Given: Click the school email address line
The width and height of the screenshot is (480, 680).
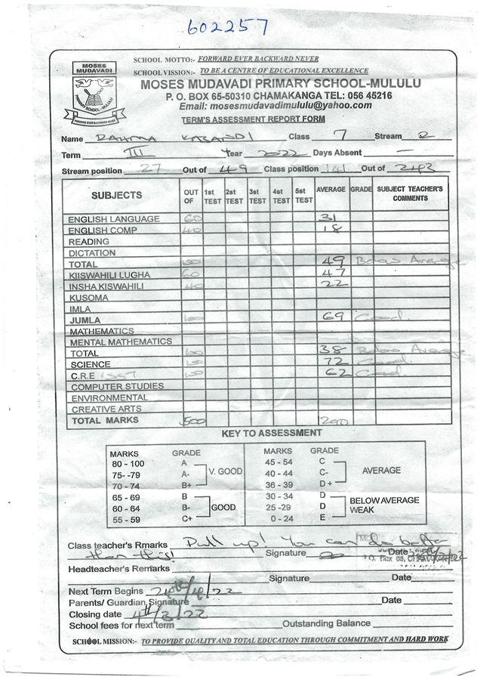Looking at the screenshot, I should (x=275, y=106).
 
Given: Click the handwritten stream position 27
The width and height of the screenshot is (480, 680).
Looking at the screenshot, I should (x=150, y=169).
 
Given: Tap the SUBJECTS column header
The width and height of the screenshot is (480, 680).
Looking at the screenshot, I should (x=116, y=195).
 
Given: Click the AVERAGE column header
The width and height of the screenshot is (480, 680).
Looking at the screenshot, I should (x=331, y=189).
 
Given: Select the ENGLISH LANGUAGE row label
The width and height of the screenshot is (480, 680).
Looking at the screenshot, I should (x=114, y=220).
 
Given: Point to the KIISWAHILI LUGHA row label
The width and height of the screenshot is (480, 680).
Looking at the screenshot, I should (x=109, y=274).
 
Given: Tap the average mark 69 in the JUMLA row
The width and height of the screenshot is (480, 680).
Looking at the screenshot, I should (x=333, y=317).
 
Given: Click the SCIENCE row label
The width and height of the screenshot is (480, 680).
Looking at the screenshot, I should (x=91, y=364).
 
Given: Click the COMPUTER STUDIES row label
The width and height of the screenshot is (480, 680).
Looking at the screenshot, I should (x=117, y=386).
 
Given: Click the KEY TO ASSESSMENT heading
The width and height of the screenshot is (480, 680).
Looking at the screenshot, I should (x=272, y=434).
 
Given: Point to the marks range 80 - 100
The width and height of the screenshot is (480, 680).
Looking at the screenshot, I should (x=127, y=462).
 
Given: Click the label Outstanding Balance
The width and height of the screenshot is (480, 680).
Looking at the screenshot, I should (x=326, y=623).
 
